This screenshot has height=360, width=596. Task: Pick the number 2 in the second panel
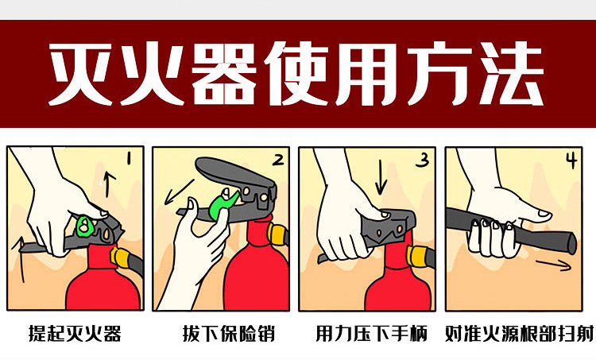coord(277,160)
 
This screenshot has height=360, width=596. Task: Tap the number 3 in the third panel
coord(423,161)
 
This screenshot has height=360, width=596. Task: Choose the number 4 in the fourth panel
coord(571,161)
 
